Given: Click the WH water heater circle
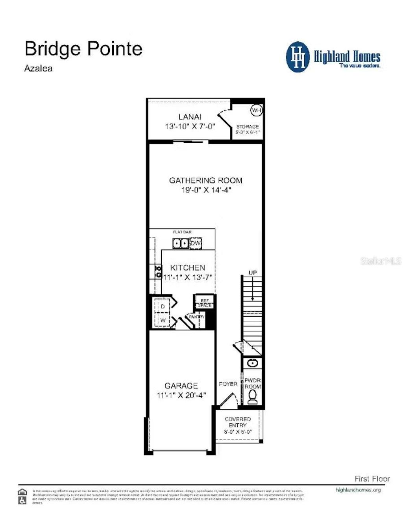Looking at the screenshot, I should click(257, 111).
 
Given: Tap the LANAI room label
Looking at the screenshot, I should click(190, 117).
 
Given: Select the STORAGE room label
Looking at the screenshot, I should click(248, 127).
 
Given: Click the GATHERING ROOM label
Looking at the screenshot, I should click(205, 181).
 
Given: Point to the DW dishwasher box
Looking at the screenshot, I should click(196, 243).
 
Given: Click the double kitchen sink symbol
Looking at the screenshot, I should click(181, 244).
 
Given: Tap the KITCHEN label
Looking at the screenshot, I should click(188, 268).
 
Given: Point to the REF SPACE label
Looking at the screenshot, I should click(205, 303).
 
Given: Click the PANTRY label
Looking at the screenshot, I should click(197, 317).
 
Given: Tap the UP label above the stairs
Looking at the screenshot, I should click(253, 273).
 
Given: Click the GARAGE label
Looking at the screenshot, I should click(181, 386).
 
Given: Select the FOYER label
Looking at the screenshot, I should click(228, 384).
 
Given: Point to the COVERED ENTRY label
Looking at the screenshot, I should click(238, 422).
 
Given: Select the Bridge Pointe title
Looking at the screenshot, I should click(83, 49).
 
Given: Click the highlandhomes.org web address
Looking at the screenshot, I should click(358, 490).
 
